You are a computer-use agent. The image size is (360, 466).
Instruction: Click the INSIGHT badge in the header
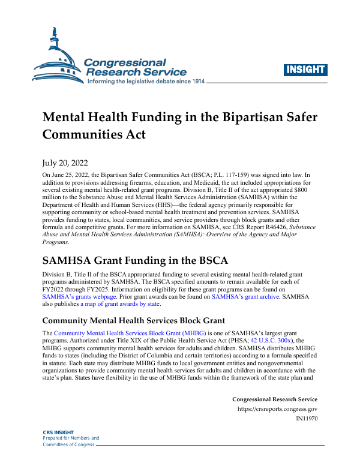coord(305,69)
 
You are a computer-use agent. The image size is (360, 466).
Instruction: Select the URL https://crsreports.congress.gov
coord(278,410)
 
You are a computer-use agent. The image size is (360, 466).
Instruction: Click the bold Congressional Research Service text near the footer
coord(274,399)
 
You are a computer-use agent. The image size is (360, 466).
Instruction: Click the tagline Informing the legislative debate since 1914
coord(146,81)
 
